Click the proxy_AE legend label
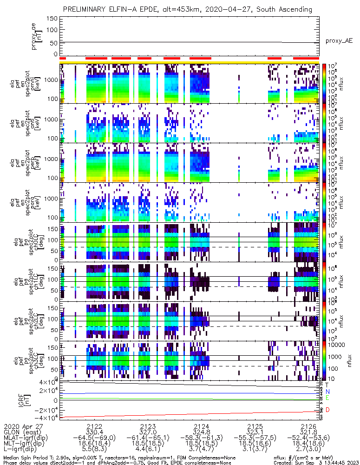(339, 41)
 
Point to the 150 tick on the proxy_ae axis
(52, 18)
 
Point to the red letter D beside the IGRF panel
(327, 410)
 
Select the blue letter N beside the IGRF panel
(327, 392)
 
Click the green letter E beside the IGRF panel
(327, 398)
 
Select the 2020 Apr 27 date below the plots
(22, 426)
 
